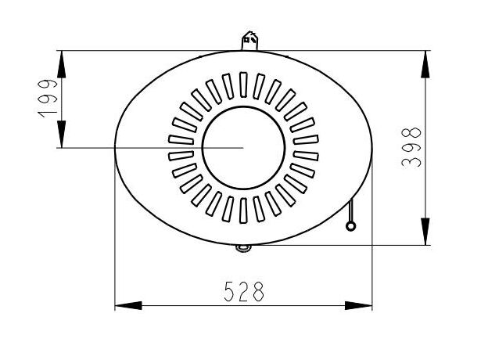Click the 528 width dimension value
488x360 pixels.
(244, 291)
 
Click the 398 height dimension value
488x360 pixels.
(411, 147)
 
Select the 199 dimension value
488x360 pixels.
(48, 99)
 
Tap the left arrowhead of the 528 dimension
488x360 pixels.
(128, 305)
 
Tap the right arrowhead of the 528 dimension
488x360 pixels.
(358, 305)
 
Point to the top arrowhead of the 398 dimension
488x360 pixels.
(425, 64)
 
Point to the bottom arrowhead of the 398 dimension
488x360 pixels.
(425, 232)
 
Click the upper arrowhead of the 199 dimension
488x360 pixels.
(62, 64)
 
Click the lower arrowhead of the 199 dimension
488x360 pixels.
(62, 135)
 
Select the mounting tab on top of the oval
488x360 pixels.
(250, 41)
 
